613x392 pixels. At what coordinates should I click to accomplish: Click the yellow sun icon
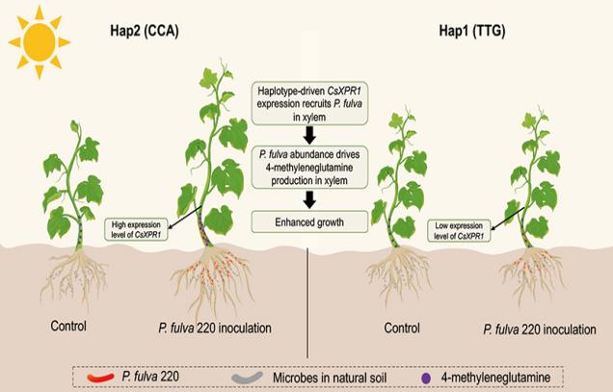coord(40,40)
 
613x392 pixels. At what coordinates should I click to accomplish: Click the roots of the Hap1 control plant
coord(398,274)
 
